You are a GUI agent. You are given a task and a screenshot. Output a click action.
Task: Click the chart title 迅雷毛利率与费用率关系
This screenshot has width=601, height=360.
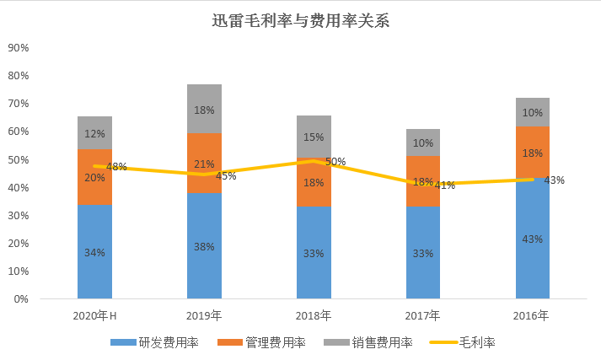(300, 21)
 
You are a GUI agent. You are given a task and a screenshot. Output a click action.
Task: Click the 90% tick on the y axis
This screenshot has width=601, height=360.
(18, 48)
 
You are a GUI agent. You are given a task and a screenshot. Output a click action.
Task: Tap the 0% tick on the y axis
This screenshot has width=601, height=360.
(20, 299)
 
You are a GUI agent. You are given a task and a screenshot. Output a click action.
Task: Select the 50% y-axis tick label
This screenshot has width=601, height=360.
(18, 159)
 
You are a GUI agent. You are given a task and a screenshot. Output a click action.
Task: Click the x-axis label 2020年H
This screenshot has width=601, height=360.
(94, 316)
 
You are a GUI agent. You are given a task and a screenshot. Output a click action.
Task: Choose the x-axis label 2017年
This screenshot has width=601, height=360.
(423, 316)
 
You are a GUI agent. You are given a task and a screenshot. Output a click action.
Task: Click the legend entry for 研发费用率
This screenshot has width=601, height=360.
(156, 342)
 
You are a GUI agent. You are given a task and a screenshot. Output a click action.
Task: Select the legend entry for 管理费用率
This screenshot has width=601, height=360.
(263, 342)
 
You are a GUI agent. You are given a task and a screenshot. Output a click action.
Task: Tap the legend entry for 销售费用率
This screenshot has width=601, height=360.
(370, 342)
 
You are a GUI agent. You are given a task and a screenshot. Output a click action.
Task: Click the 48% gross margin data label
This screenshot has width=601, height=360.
(116, 167)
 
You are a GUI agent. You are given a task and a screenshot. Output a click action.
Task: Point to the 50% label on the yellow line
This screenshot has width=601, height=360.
(335, 161)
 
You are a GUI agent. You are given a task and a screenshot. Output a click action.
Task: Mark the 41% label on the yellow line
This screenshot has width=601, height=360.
(445, 185)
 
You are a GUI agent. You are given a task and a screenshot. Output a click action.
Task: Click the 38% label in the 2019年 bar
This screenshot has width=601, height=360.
(204, 248)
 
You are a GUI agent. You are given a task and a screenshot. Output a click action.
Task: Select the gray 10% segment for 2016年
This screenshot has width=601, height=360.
(532, 112)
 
